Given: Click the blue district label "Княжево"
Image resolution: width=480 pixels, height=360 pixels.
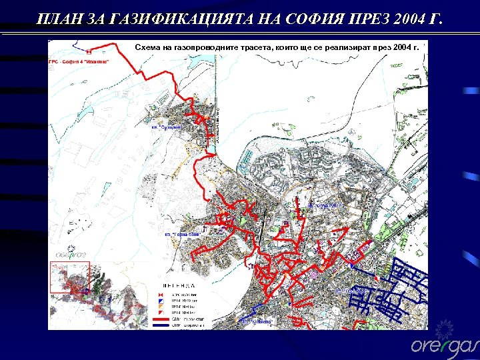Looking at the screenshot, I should (x=257, y=322).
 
